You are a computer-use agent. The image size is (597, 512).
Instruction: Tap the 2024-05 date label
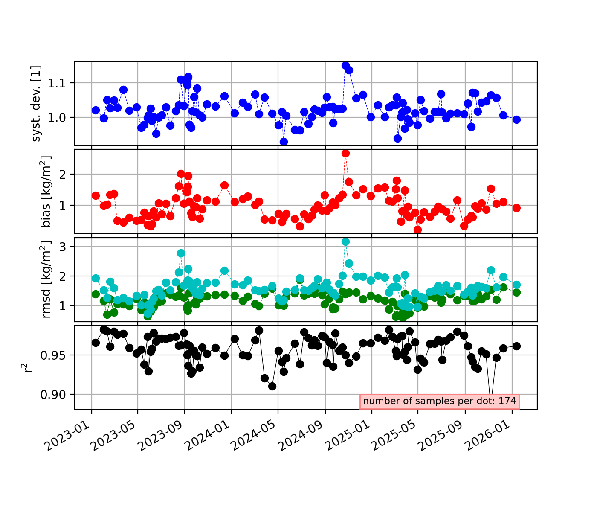click(x=255, y=436)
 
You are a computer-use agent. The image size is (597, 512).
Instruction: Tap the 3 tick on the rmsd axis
click(x=63, y=247)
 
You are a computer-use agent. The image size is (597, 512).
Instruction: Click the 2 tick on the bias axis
click(x=63, y=175)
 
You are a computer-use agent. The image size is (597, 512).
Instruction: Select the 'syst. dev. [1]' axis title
click(x=36, y=104)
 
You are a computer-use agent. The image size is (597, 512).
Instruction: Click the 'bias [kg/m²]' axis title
click(x=46, y=192)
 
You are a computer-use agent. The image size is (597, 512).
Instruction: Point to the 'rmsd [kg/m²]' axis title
click(x=46, y=280)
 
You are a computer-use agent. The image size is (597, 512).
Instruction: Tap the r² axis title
click(x=26, y=368)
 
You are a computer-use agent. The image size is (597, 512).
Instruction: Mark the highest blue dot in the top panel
click(x=345, y=66)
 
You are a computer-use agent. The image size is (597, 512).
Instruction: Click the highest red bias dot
click(x=345, y=154)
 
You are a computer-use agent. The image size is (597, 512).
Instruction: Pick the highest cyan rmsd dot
click(x=345, y=241)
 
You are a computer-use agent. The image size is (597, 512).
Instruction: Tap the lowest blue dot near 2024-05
click(x=284, y=142)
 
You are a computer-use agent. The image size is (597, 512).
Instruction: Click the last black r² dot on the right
click(x=516, y=346)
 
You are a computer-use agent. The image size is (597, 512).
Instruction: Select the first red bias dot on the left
click(x=96, y=195)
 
